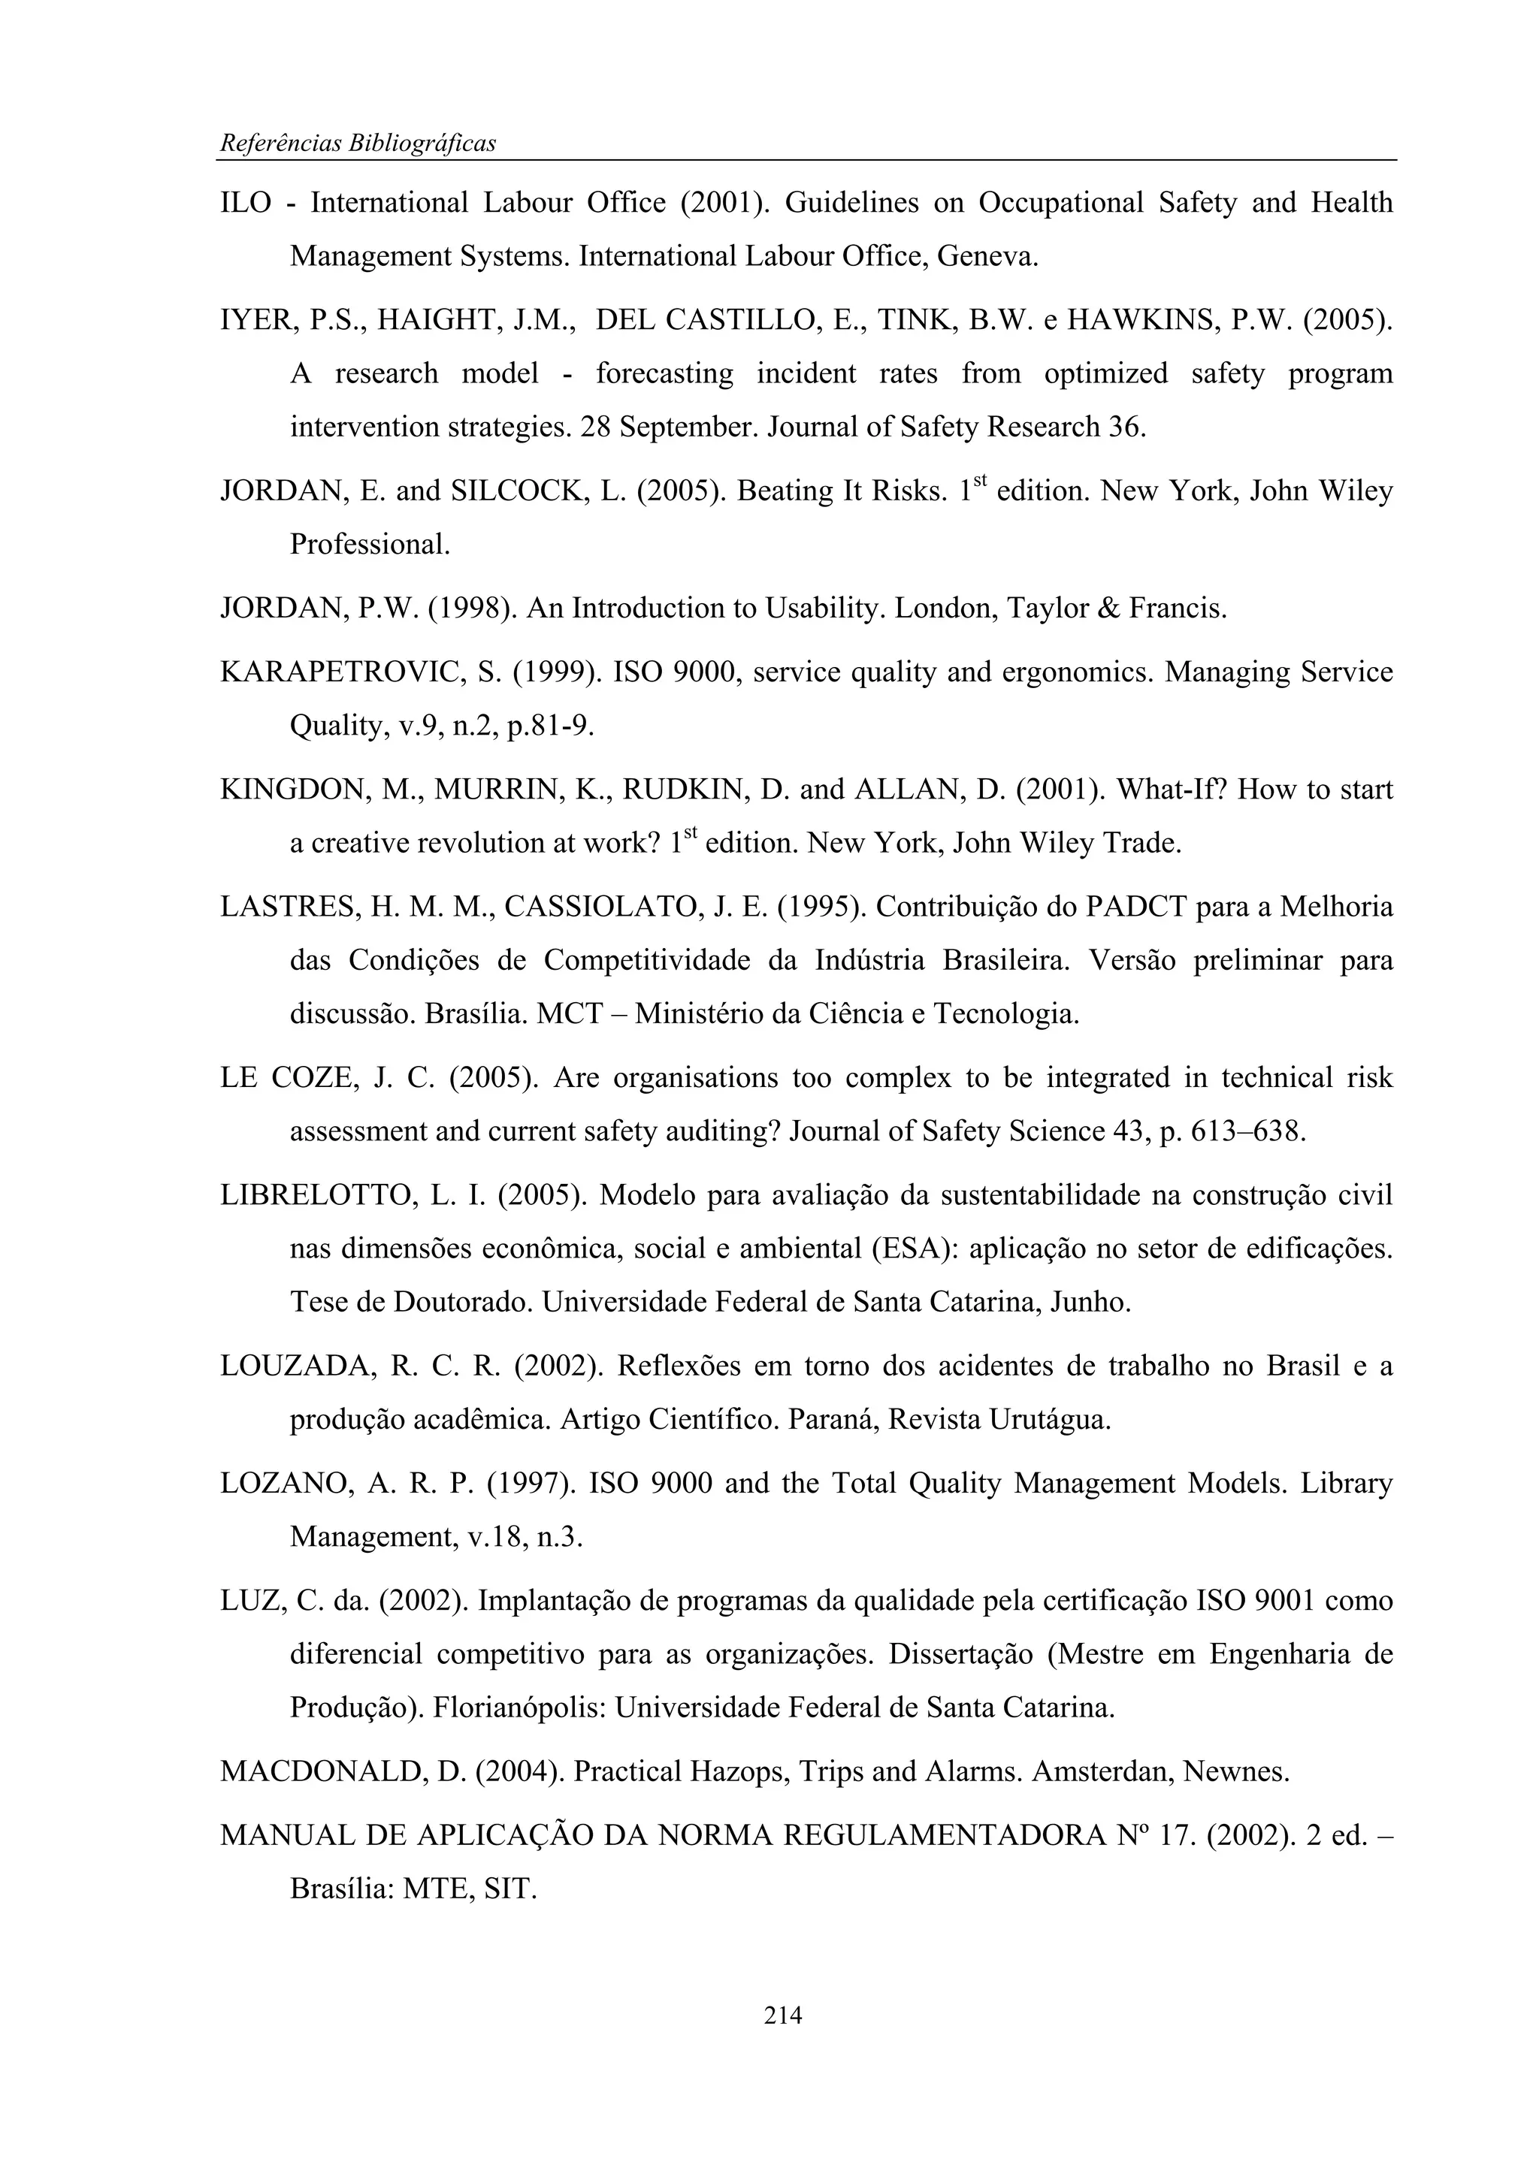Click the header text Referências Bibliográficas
click(x=358, y=143)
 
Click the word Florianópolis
click(x=519, y=1707)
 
